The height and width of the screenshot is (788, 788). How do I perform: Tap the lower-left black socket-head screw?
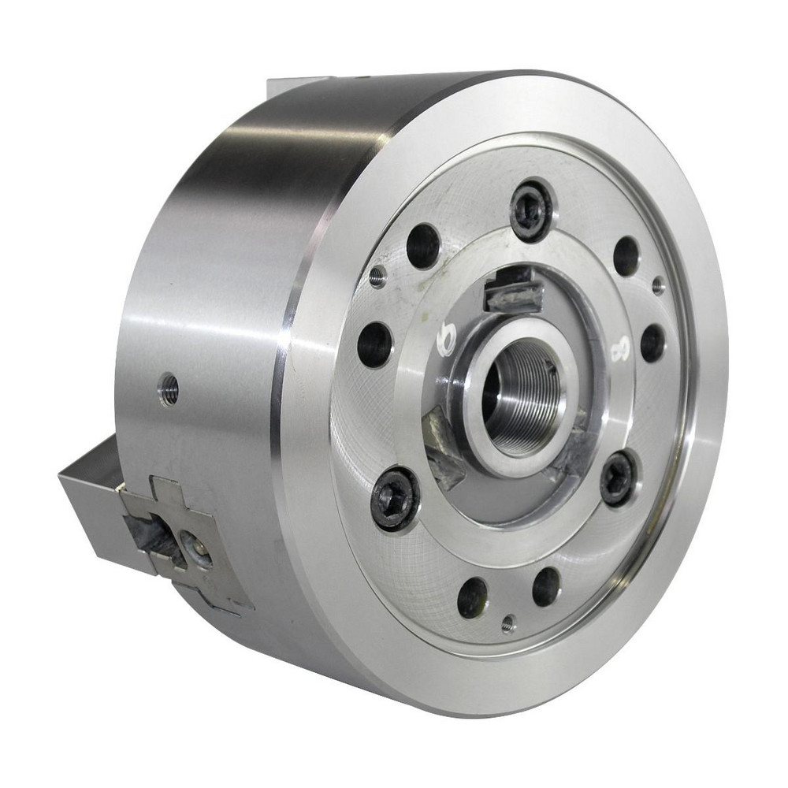tap(395, 498)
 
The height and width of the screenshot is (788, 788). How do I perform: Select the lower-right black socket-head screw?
tap(617, 478)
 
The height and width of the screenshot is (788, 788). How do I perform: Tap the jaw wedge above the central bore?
tap(513, 290)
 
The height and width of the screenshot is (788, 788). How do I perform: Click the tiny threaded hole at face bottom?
tap(509, 624)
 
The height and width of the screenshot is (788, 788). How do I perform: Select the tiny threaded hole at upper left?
tap(378, 276)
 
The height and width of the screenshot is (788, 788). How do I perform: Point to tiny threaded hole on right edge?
tap(658, 285)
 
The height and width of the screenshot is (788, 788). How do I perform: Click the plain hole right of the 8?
tap(652, 343)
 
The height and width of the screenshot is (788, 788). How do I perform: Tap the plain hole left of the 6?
tap(374, 344)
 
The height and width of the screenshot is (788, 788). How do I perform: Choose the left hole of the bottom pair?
tap(473, 597)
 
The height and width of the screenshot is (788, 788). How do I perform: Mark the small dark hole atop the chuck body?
tap(365, 78)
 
